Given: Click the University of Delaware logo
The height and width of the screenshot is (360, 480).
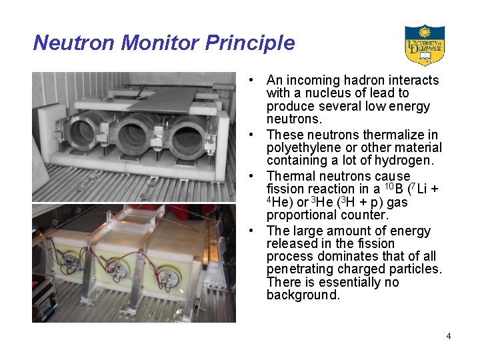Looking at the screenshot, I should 424,45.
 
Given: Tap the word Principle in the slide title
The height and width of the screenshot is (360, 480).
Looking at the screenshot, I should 250,43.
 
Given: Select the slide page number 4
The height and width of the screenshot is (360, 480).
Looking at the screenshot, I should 449,336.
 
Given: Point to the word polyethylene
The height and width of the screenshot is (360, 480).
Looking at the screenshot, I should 303,147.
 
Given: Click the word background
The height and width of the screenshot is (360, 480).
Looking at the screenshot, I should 303,295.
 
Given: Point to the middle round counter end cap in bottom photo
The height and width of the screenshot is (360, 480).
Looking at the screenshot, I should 117,269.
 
